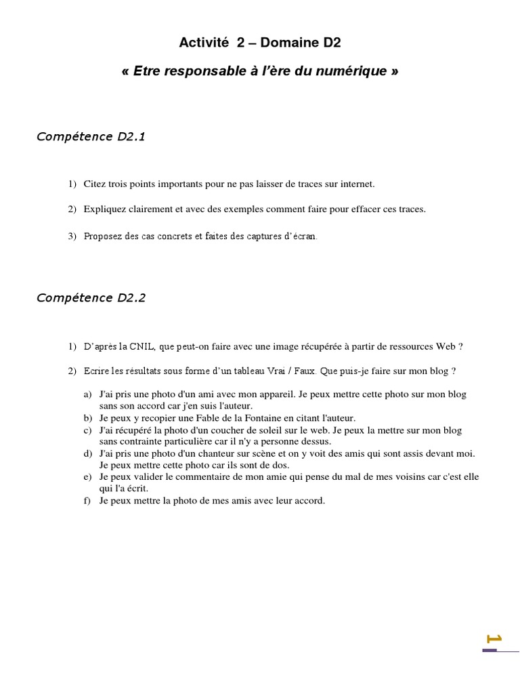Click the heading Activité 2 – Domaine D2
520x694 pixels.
coord(260,43)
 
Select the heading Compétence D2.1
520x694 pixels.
coord(91,137)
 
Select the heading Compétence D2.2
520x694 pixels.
coord(91,298)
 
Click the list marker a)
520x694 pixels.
coord(88,394)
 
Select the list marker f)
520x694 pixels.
coord(87,501)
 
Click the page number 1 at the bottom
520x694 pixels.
coord(494,638)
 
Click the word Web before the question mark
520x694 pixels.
coord(445,346)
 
